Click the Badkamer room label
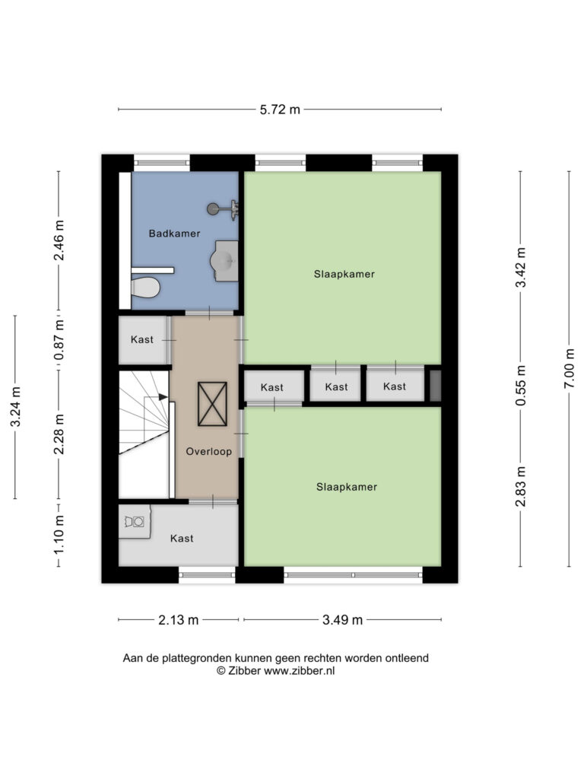174,234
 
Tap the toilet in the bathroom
145,287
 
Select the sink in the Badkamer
225,261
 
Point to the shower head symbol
223,209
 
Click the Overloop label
208,452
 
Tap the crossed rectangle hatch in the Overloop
213,404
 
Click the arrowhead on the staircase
163,396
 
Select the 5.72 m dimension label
280,110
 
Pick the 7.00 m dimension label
570,368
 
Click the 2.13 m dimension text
178,620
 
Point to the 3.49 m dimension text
343,620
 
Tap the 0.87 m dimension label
59,340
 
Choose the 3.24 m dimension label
15,406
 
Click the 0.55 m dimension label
520,386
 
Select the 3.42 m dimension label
520,267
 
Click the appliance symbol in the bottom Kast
135,522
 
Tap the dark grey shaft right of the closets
435,386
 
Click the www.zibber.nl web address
299,671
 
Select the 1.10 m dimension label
59,535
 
